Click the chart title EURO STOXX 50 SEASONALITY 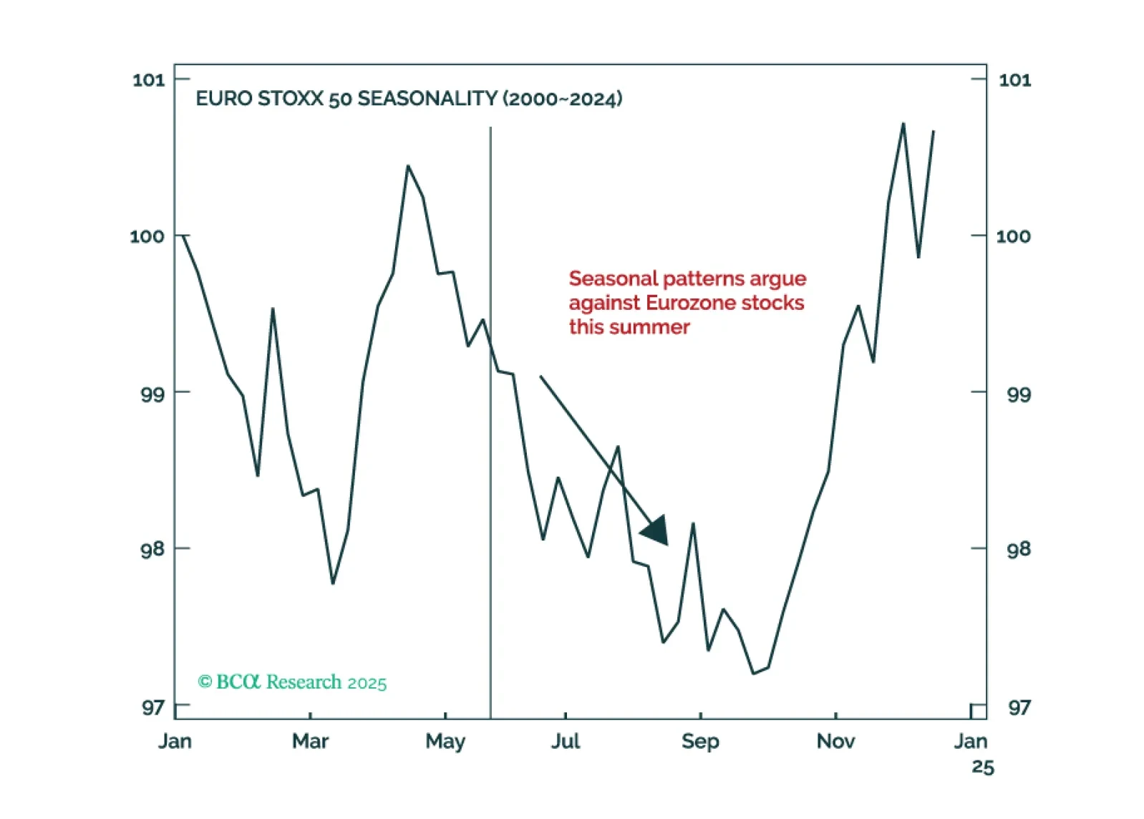tap(409, 99)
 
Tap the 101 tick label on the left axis tap(148, 79)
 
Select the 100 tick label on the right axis tap(1014, 236)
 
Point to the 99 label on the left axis tap(152, 393)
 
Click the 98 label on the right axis tap(1018, 549)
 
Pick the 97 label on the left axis tap(152, 707)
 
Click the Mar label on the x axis tap(310, 741)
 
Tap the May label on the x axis tap(445, 741)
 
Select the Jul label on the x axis tap(566, 741)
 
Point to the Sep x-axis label tap(700, 741)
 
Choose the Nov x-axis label tap(835, 741)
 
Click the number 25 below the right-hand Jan tap(983, 767)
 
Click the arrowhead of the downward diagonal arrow tap(656, 531)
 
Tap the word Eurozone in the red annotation tap(689, 303)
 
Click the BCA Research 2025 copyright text tap(293, 682)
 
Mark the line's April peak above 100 tap(408, 166)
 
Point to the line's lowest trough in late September tap(753, 673)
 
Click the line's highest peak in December tap(903, 124)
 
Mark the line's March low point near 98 tap(333, 583)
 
